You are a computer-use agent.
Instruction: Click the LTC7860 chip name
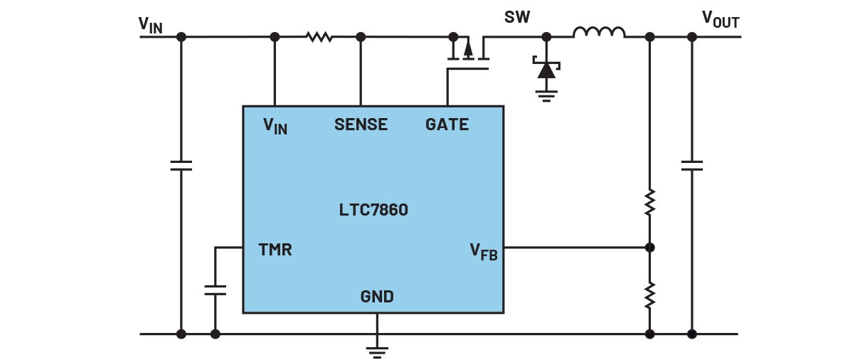click(373, 210)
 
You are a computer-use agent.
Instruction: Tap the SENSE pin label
click(361, 125)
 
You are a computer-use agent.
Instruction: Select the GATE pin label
click(447, 125)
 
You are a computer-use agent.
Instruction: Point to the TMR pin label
click(275, 250)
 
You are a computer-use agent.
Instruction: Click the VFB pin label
click(484, 251)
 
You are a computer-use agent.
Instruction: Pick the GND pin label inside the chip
click(377, 297)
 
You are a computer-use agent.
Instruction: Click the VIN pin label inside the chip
click(275, 126)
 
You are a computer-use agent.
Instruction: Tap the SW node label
click(516, 17)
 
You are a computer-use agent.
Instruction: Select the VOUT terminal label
click(720, 19)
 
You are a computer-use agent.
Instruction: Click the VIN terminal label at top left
click(150, 24)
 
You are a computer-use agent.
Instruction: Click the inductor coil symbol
click(599, 33)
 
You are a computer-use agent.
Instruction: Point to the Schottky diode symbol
click(546, 70)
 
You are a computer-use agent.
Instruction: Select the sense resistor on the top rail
click(319, 36)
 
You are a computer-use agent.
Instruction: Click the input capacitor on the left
click(181, 165)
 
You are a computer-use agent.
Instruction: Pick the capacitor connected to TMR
click(215, 290)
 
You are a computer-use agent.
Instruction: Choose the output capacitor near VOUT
click(691, 165)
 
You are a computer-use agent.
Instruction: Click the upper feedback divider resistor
click(649, 202)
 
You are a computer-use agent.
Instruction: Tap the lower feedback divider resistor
click(649, 295)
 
